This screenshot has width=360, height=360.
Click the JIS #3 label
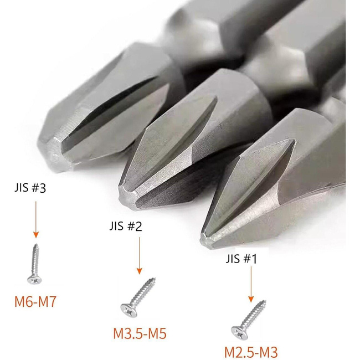pos(30,188)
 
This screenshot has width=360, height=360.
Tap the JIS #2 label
pos(126,226)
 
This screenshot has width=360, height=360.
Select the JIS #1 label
pos(241,259)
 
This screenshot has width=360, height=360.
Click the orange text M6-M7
pos(35,302)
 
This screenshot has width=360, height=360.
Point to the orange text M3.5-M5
pos(140,333)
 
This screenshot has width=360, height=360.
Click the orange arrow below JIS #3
pos(36,219)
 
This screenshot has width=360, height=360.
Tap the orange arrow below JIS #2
pos(140,256)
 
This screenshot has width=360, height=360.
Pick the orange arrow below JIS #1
pos(251,284)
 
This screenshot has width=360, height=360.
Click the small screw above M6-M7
pos(35,264)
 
